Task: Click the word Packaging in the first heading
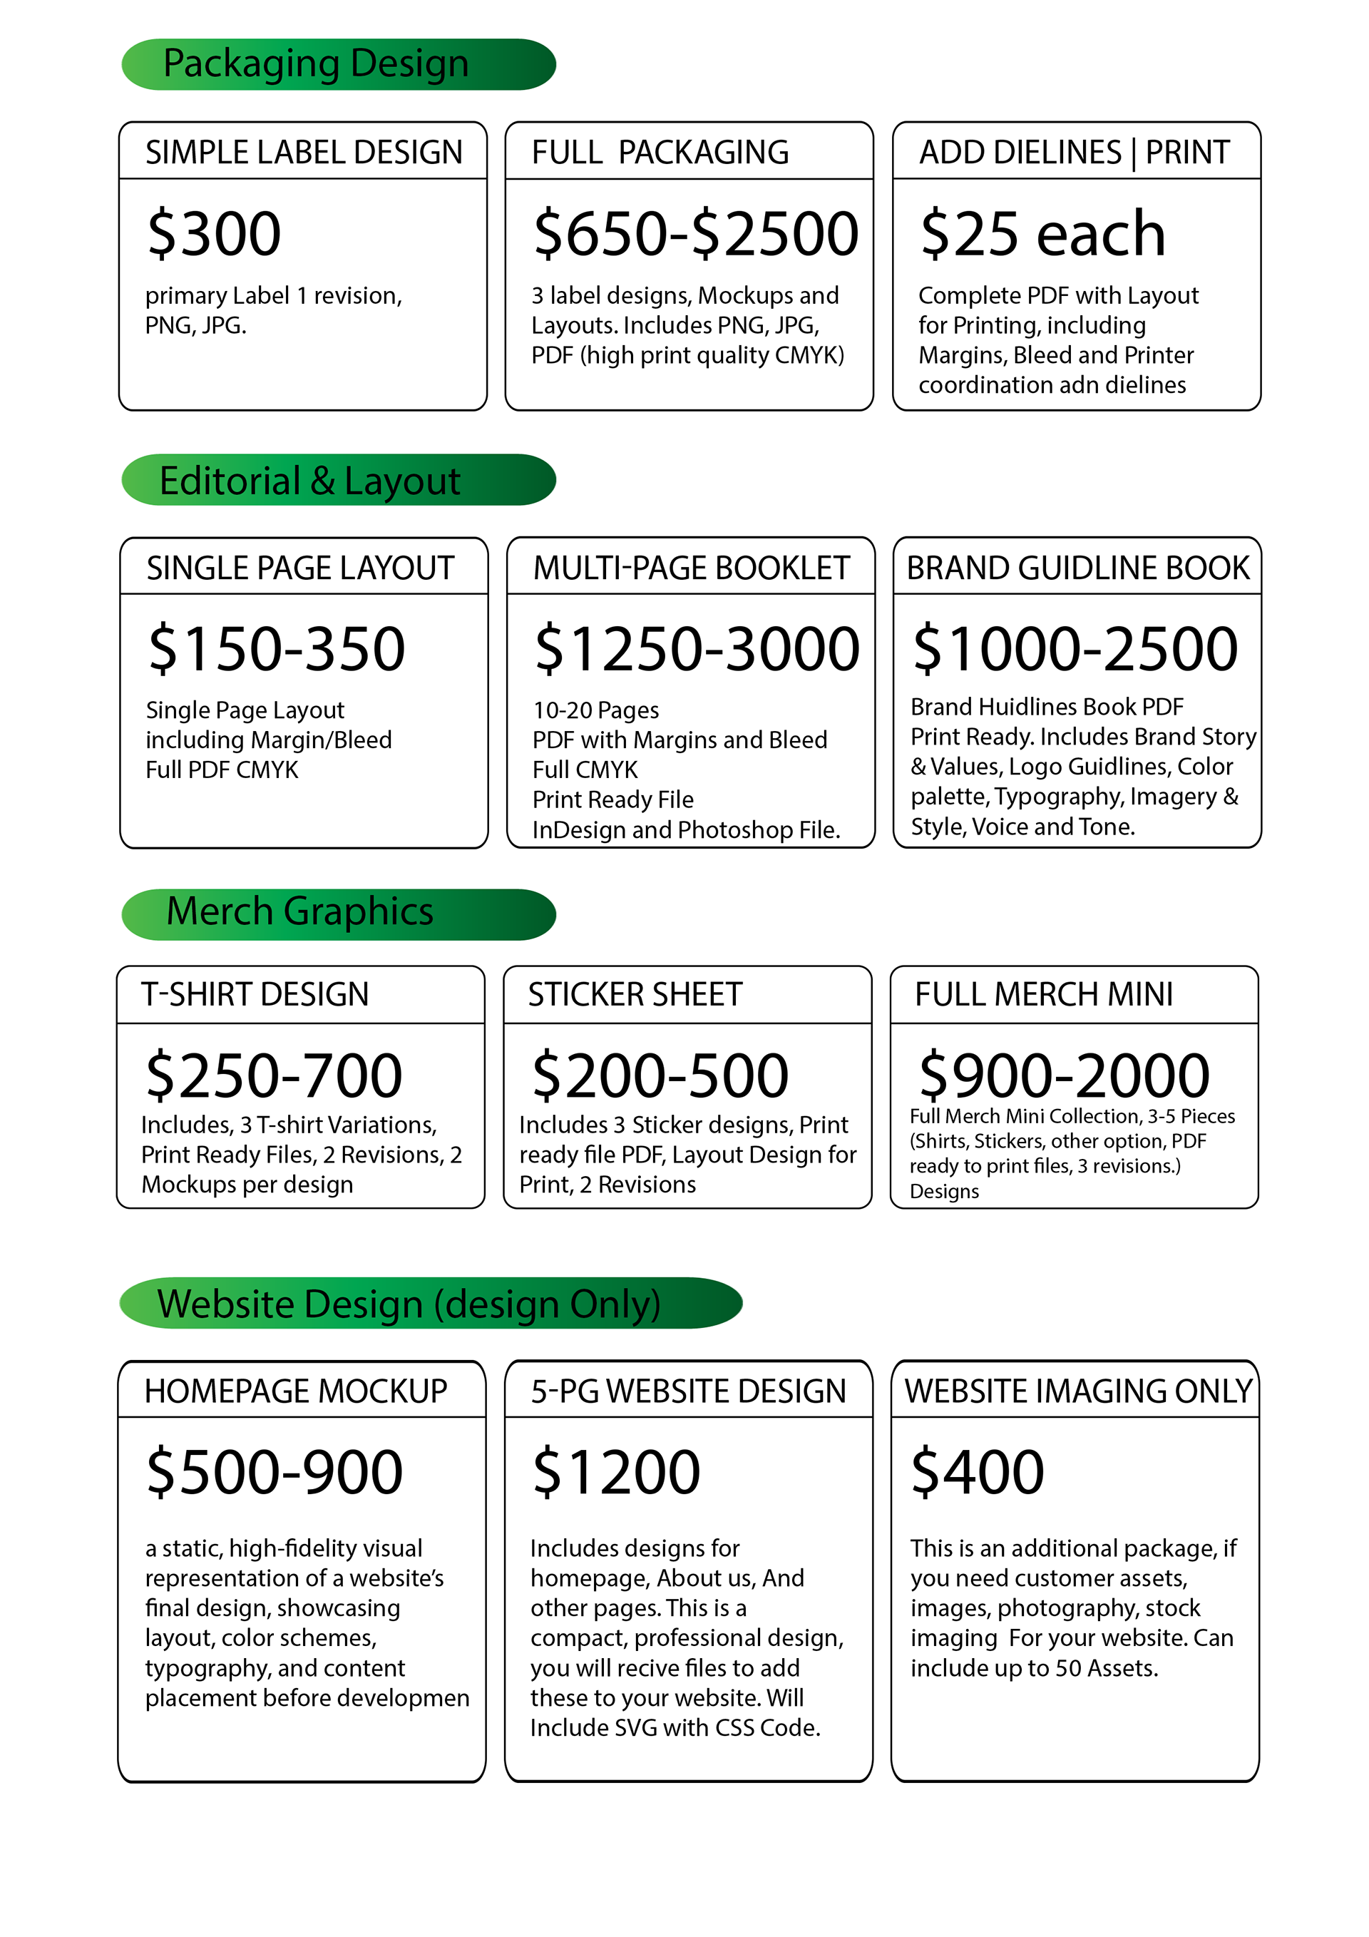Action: point(252,65)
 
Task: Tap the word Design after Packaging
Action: point(409,64)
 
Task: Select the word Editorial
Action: point(230,481)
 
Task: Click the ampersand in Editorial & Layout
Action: point(322,481)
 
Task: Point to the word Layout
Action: point(401,481)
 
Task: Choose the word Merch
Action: point(220,911)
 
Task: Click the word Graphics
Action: point(359,913)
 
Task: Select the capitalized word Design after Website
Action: point(364,1305)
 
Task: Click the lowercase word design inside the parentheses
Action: point(502,1305)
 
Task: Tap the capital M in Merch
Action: point(183,911)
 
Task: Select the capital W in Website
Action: point(175,1304)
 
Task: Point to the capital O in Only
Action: point(584,1304)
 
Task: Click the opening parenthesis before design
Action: point(439,1305)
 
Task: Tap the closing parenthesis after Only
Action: point(655,1305)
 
